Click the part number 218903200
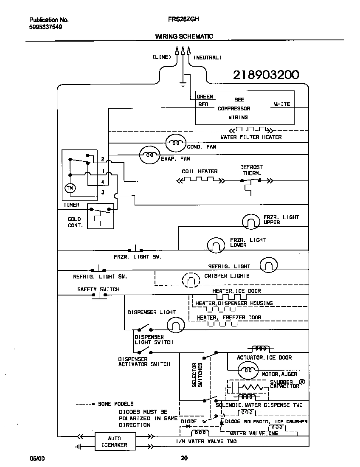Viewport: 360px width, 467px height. pyautogui.click(x=266, y=75)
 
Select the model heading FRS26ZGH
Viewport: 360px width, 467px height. pyautogui.click(x=184, y=19)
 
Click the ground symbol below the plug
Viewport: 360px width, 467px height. pyautogui.click(x=183, y=84)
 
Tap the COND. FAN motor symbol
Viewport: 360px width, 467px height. pyautogui.click(x=175, y=144)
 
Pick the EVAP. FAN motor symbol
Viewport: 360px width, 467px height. pyautogui.click(x=150, y=155)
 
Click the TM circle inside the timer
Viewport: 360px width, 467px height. pyautogui.click(x=69, y=188)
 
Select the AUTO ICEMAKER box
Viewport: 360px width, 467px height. pyautogui.click(x=114, y=442)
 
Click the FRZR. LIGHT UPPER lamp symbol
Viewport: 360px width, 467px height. pyautogui.click(x=250, y=221)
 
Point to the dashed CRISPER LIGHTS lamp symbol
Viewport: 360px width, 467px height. pyautogui.click(x=191, y=279)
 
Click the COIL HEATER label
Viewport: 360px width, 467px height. pyautogui.click(x=200, y=172)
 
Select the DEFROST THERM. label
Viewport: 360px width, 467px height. pyautogui.click(x=251, y=170)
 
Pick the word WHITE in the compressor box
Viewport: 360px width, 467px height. pyautogui.click(x=282, y=104)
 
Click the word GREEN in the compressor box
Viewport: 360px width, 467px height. pyautogui.click(x=205, y=97)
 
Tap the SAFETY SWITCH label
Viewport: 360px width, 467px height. pyautogui.click(x=98, y=290)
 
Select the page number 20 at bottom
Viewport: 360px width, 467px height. pyautogui.click(x=184, y=458)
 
